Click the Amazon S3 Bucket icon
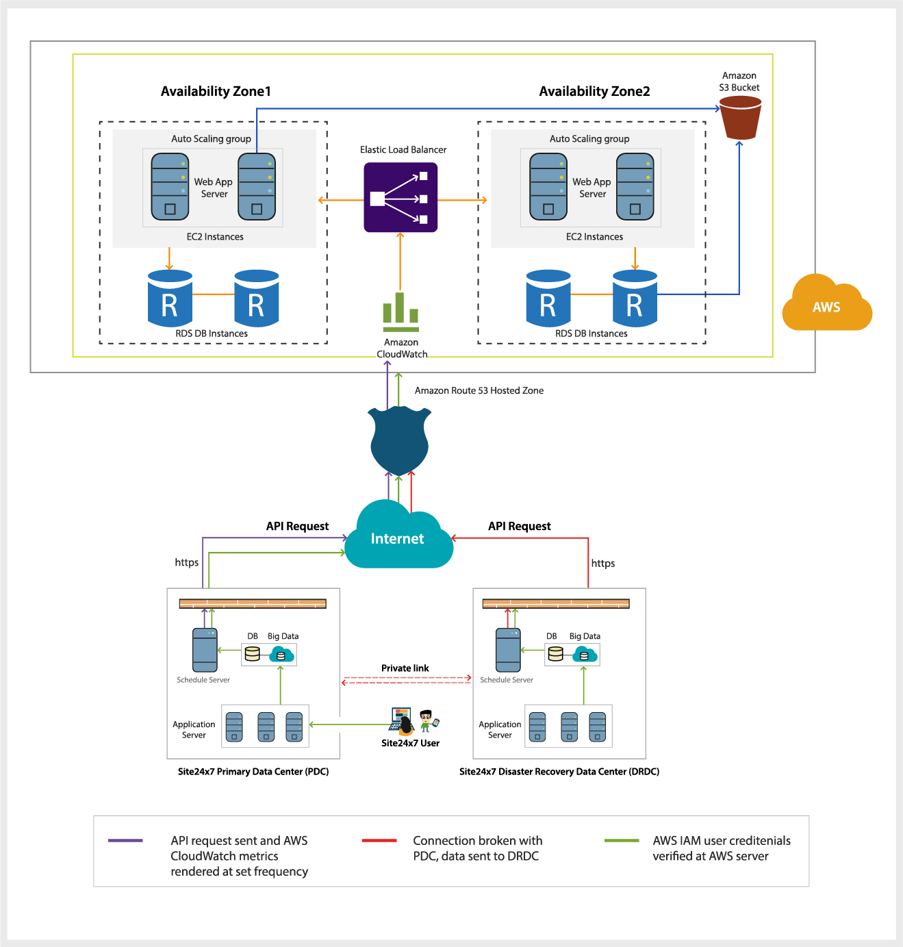click(740, 118)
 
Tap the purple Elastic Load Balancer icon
click(400, 197)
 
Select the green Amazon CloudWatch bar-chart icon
click(400, 312)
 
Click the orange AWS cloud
click(827, 303)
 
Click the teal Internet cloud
click(398, 535)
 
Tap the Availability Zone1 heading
click(216, 91)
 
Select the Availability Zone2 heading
click(594, 91)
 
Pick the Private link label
click(405, 668)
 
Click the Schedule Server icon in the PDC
click(205, 650)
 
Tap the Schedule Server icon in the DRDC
click(508, 650)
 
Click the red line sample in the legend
click(379, 841)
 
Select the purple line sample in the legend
click(125, 841)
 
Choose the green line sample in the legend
click(621, 841)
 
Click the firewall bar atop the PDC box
click(253, 603)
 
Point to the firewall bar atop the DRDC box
click(556, 603)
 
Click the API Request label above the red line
click(519, 526)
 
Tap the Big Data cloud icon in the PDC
click(282, 655)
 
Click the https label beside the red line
click(603, 563)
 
